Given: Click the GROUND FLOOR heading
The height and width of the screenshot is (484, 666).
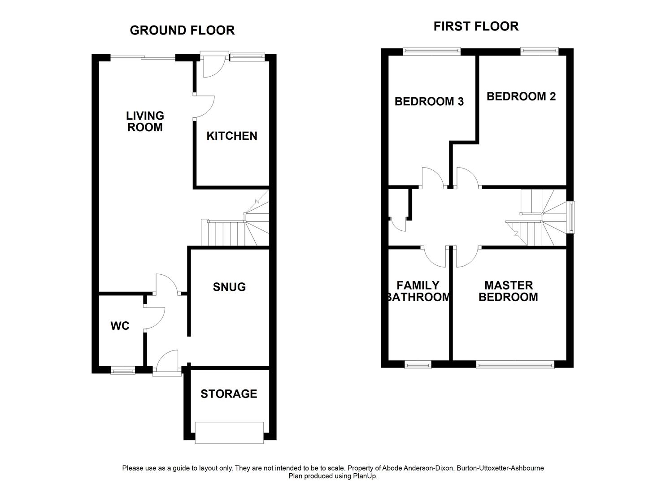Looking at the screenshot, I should pos(182,30).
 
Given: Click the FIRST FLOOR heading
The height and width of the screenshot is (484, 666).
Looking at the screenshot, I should pos(476,26).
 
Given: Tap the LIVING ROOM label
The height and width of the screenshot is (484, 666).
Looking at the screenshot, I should pos(145,121).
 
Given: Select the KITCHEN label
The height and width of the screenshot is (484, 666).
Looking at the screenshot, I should pos(232,136).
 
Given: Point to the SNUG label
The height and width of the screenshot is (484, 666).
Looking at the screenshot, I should pos(229,287).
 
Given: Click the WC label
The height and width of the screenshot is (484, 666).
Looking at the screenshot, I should pos(120,326).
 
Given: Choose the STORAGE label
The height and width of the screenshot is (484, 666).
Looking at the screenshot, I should pos(229,393).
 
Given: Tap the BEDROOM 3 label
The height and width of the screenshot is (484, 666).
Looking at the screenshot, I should pos(429,101).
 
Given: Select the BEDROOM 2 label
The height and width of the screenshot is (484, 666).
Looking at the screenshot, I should pos(521,96).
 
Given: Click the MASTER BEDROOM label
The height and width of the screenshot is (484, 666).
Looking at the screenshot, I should pos(508,291).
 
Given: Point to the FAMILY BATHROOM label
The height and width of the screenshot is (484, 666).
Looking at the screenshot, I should pos(418,291).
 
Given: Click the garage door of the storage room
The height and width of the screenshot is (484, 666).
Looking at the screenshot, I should pos(229,432).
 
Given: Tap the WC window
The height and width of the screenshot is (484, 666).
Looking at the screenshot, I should pos(123,370).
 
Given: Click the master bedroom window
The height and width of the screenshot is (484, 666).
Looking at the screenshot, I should pos(515,365).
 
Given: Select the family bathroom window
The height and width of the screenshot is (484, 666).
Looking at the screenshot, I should pos(418,365).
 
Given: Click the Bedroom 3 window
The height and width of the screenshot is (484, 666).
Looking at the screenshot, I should pos(432,51).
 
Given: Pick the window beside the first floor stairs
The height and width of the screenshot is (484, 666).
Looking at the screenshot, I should pos(570,217).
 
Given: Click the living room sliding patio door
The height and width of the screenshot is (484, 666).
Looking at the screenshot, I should pos(143,57).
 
